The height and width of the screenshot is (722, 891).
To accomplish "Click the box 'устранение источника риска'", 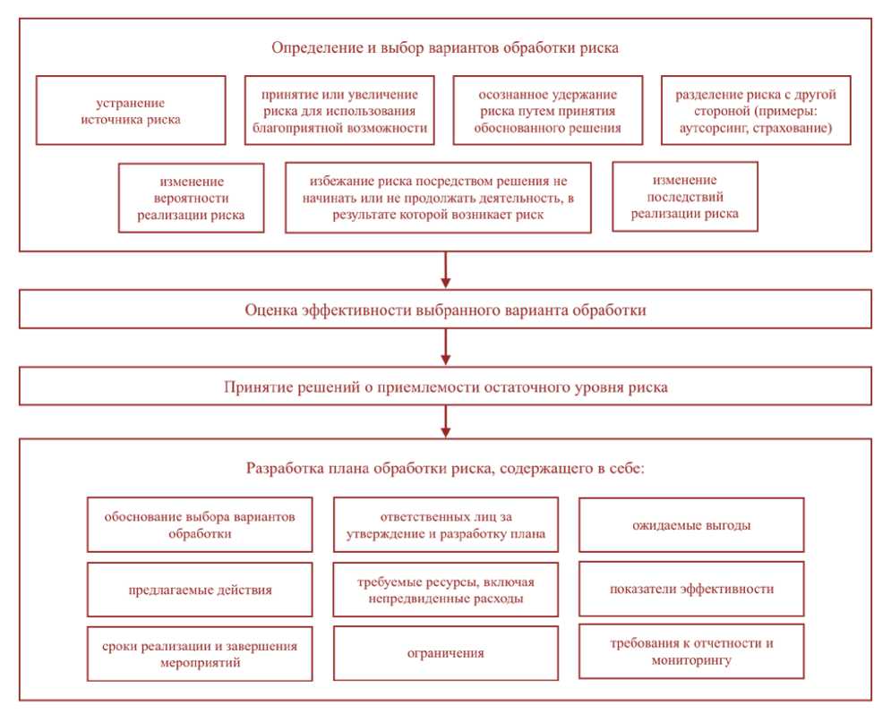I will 131,110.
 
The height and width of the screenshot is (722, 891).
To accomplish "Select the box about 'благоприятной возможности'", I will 338,110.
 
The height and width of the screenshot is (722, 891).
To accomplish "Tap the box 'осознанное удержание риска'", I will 547,110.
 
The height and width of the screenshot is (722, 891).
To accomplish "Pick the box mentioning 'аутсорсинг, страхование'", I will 756,110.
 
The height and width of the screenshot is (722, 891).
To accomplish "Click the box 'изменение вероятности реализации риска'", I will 191,198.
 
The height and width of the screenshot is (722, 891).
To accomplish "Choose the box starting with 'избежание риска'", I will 438,198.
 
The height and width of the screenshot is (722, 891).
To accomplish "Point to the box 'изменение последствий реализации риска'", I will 684,197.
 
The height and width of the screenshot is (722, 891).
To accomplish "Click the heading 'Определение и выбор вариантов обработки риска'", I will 445,47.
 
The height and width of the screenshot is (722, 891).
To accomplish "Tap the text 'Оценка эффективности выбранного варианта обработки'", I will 445,310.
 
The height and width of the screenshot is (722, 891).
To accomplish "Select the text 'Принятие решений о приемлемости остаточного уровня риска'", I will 445,387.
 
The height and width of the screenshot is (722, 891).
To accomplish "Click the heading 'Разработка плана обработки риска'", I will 445,469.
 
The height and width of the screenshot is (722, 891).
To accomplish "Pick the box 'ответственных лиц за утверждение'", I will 445,525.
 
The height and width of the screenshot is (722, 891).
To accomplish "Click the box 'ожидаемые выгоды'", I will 691,525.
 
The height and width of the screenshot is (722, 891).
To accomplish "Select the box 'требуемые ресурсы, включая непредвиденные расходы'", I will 445,590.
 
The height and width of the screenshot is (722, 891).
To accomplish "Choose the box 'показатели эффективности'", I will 691,589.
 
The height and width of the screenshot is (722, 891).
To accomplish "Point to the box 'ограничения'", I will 445,653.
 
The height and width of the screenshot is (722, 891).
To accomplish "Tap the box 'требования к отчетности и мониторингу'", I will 691,651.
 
